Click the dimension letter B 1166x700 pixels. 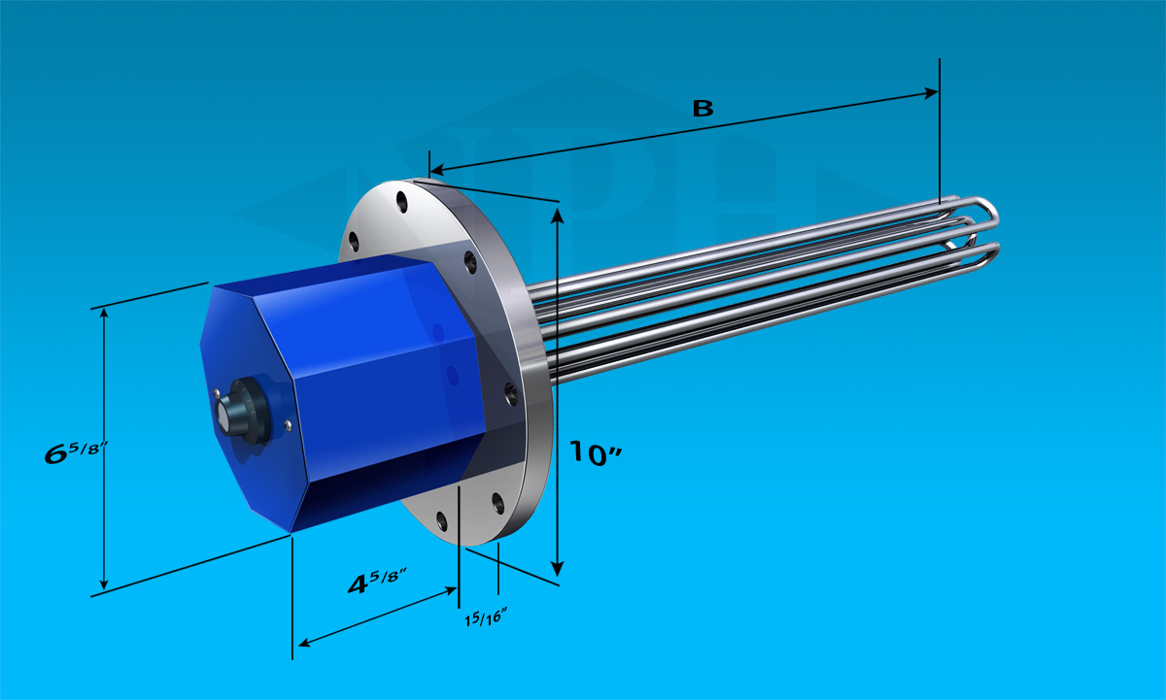coord(703,108)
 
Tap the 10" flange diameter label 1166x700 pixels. coord(595,453)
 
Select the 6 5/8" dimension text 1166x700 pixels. coord(76,451)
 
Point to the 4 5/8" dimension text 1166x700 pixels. coord(377,582)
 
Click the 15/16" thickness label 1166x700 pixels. coord(486,617)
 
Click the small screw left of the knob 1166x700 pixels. coord(217,392)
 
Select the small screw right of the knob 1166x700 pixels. coord(288,426)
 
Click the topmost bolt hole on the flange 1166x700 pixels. coord(402,202)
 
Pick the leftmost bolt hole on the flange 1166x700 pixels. coord(354,242)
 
